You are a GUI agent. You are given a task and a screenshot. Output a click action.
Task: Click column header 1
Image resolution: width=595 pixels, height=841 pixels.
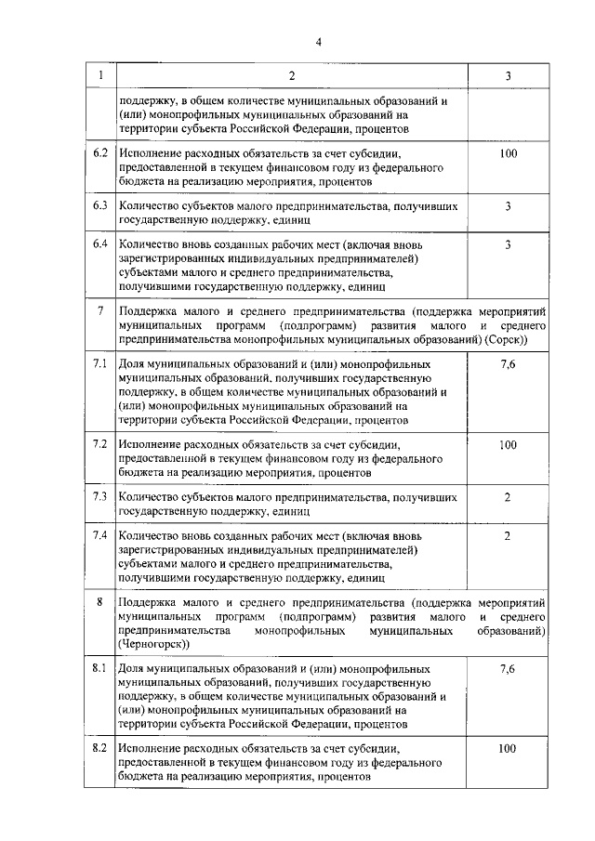point(101,74)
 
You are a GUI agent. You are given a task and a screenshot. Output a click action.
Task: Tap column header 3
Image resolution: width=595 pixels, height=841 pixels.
point(508,74)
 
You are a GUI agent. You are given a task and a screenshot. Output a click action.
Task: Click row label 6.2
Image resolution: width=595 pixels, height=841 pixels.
point(101,152)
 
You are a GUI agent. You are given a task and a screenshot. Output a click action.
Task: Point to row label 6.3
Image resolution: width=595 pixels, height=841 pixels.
point(101,206)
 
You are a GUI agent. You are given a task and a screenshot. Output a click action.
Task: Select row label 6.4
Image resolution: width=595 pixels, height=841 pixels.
point(101,244)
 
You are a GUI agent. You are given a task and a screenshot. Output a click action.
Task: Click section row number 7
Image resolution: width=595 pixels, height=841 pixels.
point(100,309)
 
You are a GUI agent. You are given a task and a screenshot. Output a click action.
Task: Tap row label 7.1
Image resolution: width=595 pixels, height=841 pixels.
point(101,361)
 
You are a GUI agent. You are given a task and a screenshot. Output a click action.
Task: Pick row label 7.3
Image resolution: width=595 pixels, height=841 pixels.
point(101,497)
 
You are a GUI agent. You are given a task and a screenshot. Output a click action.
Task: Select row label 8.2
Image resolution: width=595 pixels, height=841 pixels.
point(101,748)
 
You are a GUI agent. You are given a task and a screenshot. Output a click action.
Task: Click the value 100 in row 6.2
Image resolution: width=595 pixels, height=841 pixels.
point(508,152)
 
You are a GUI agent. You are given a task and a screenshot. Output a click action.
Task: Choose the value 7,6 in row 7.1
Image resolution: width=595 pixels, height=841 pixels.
point(508,361)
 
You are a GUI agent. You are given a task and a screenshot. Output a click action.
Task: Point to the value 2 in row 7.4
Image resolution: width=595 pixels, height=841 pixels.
point(508,536)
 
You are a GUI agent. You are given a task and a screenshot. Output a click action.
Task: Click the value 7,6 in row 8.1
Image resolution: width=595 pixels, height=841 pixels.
point(508,668)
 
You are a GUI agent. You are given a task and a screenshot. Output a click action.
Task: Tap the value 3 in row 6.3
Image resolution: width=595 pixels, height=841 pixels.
point(508,206)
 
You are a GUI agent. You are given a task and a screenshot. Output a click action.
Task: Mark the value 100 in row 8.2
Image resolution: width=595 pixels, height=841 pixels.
point(508,748)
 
